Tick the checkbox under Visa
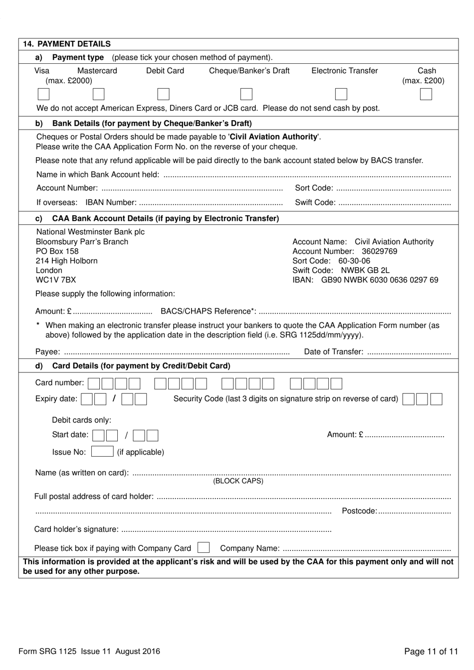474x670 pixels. (x=43, y=94)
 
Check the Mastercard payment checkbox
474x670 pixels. (x=99, y=94)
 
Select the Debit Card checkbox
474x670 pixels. (x=163, y=94)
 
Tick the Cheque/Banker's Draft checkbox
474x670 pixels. (x=246, y=94)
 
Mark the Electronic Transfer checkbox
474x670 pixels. (x=341, y=94)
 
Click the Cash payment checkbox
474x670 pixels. (x=426, y=94)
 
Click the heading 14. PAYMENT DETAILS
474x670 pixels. (x=67, y=44)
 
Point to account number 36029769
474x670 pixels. (x=379, y=251)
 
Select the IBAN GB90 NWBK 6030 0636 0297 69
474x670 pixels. (x=379, y=280)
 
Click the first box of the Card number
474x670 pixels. (x=94, y=383)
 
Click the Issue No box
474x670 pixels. (x=102, y=452)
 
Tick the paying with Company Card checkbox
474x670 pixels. (x=203, y=548)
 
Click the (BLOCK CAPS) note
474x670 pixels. (x=238, y=481)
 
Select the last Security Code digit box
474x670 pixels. (x=436, y=399)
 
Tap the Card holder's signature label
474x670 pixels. (x=76, y=529)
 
